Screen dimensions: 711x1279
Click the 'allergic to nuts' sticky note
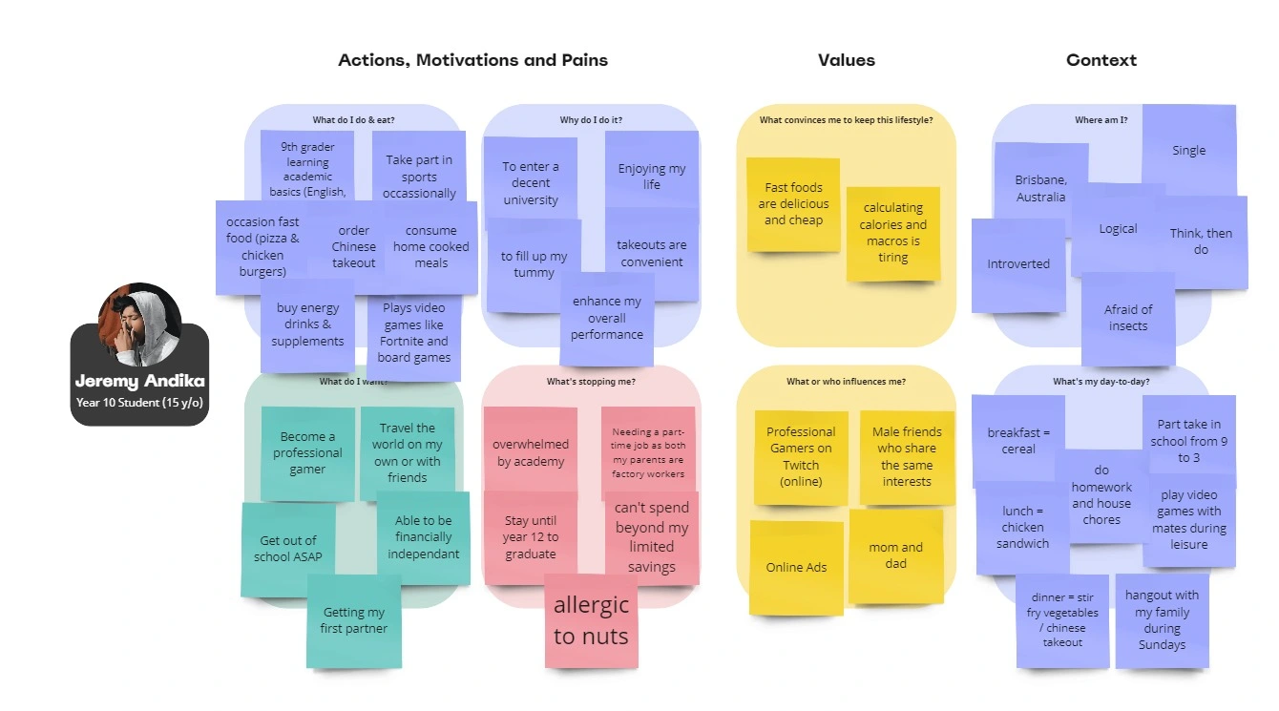click(x=591, y=620)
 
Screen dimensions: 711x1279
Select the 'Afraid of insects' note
click(x=1128, y=318)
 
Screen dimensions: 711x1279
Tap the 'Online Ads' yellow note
click(x=796, y=567)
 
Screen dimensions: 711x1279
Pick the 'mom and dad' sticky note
click(x=895, y=555)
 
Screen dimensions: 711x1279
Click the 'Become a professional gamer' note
click(x=307, y=453)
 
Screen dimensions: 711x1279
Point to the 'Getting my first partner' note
click(x=353, y=620)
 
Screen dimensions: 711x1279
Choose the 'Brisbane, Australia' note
click(x=1040, y=188)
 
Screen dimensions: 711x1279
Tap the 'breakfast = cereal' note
click(x=1018, y=440)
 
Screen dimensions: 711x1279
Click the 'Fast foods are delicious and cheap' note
click(x=793, y=204)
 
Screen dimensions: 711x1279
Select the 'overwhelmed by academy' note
click(x=531, y=453)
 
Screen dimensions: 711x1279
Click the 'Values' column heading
click(x=846, y=60)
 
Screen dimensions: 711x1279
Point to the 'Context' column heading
click(x=1101, y=60)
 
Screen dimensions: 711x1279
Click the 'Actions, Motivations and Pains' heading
click(x=472, y=60)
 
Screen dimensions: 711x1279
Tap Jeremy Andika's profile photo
click(x=139, y=324)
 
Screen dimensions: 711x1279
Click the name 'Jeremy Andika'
click(x=139, y=382)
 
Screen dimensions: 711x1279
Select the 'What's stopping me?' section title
click(x=591, y=382)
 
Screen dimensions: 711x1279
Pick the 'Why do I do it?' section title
click(x=591, y=120)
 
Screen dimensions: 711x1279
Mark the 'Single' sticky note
click(x=1188, y=150)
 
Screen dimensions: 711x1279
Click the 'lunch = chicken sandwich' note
click(x=1022, y=527)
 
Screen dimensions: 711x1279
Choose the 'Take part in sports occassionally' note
click(x=419, y=177)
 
